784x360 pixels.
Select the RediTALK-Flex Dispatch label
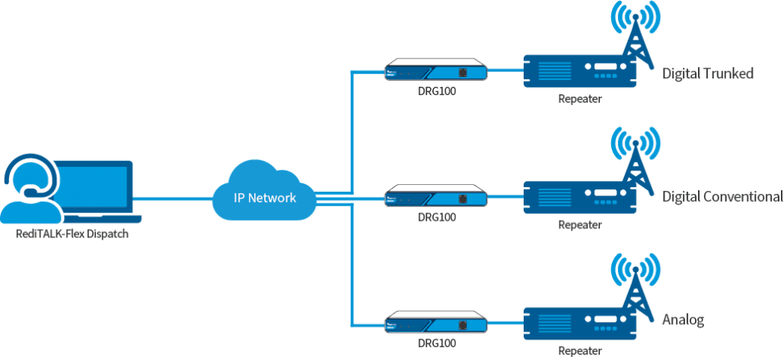[x=72, y=234]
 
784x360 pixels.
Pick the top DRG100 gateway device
[x=436, y=71]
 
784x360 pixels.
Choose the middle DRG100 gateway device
[x=436, y=197]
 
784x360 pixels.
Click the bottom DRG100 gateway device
[x=436, y=323]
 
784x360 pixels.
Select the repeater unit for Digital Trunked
[x=580, y=71]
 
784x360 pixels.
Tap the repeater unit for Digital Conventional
[x=580, y=197]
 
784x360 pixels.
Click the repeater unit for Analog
[x=580, y=323]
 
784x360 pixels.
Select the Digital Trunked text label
[x=707, y=74]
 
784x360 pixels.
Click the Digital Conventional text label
[x=722, y=197]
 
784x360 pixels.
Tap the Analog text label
[x=683, y=320]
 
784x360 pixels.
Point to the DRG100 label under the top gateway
[x=436, y=94]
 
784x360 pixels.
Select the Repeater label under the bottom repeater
[x=580, y=351]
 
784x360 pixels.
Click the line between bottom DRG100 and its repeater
[x=505, y=323]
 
